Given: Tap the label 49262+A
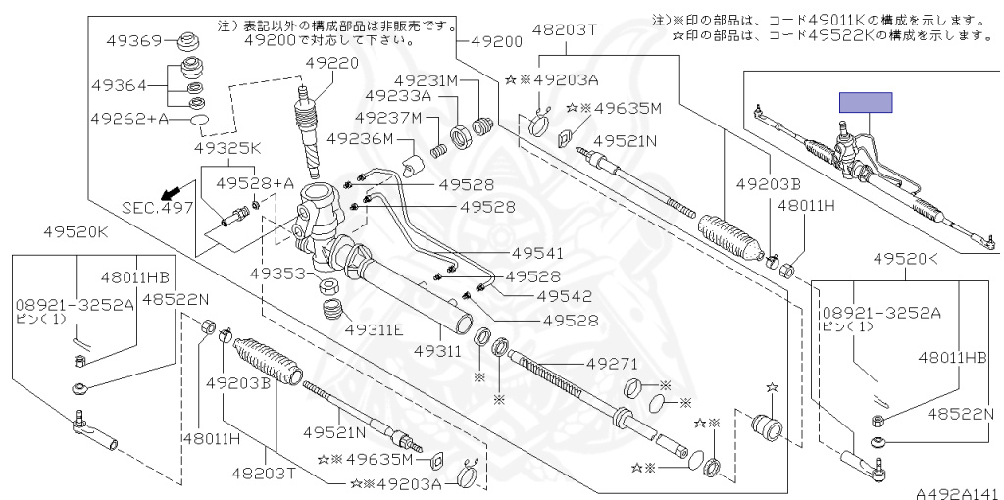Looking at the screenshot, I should (128, 119).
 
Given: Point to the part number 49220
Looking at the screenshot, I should (331, 63).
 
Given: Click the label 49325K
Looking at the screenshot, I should (226, 149).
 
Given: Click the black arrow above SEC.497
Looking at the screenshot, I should (172, 189).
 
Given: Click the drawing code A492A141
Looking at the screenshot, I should (957, 492).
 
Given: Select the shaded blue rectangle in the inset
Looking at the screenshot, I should (865, 103).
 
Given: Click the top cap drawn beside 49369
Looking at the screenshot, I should (187, 42).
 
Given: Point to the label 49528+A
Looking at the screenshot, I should (256, 183).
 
